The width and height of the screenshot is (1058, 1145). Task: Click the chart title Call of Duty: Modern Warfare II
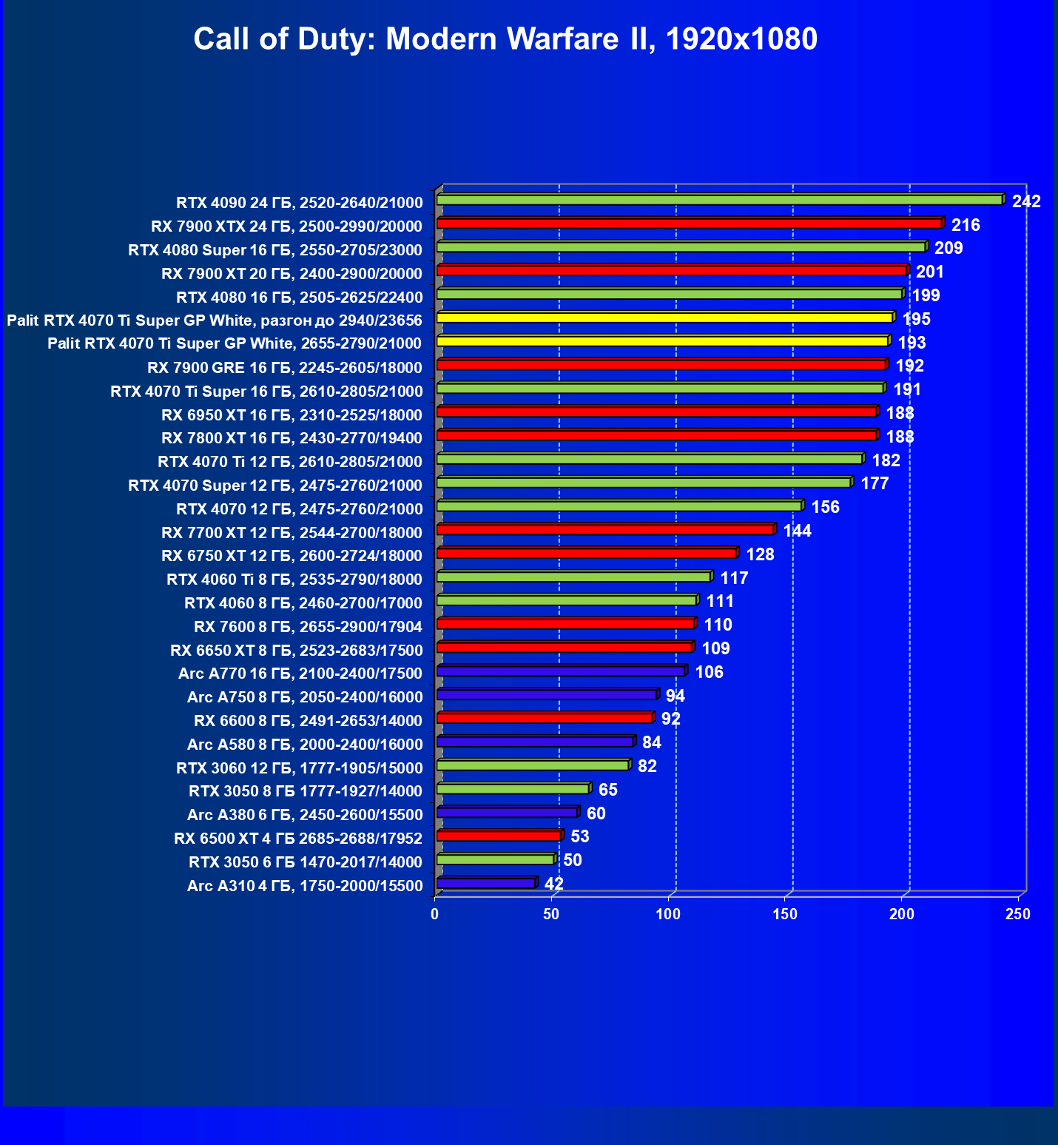click(x=505, y=38)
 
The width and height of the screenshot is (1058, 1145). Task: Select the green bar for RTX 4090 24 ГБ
click(x=719, y=201)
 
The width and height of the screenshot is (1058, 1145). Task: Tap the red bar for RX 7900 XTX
click(x=689, y=224)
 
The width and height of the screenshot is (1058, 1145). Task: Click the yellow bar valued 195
click(x=664, y=318)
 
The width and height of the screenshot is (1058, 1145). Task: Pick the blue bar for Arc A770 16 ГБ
click(x=561, y=671)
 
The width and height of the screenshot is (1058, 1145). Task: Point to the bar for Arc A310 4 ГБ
click(x=486, y=884)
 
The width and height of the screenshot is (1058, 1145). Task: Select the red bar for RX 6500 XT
click(x=499, y=836)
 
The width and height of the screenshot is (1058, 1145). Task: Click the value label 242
click(x=1026, y=201)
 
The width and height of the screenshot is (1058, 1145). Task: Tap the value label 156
click(x=825, y=507)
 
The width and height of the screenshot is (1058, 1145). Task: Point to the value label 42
click(x=553, y=884)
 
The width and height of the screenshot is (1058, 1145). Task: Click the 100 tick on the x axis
click(x=668, y=915)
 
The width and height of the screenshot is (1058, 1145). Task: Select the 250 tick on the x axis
click(x=1018, y=915)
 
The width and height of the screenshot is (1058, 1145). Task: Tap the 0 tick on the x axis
click(x=435, y=915)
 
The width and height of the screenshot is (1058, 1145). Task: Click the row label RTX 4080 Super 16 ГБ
click(x=275, y=250)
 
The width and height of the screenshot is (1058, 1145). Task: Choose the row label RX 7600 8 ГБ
click(x=308, y=628)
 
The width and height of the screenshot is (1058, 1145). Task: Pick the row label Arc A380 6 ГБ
click(x=305, y=816)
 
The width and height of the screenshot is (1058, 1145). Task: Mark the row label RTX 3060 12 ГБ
click(x=300, y=768)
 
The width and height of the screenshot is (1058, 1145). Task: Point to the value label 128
click(x=760, y=554)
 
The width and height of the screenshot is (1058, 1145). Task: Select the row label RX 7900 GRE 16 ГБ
click(x=285, y=368)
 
